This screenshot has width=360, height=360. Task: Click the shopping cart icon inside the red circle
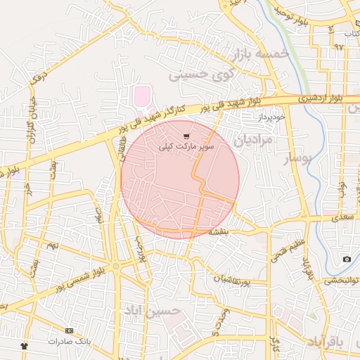[x=186, y=136]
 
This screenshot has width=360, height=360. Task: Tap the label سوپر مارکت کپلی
[x=186, y=148]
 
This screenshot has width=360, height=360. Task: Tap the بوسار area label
[x=296, y=160]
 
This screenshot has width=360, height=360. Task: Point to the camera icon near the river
[x=347, y=259]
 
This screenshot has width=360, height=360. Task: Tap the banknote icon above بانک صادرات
[x=69, y=330]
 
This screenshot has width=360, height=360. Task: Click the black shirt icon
[x=25, y=346]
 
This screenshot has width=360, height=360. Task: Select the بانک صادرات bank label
[x=70, y=341]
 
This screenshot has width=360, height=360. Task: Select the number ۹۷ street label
[x=340, y=48]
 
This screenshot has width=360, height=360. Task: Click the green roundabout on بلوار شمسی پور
[x=116, y=267]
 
